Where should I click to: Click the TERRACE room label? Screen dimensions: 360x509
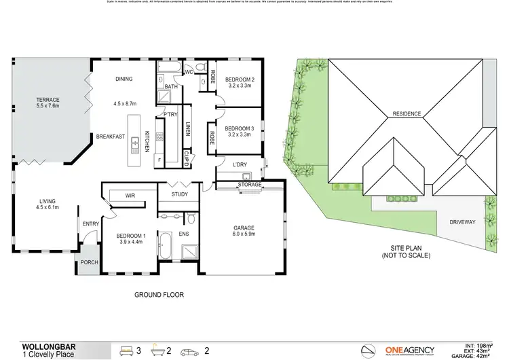(x=48, y=100)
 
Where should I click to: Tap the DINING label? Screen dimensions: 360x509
(x=124, y=79)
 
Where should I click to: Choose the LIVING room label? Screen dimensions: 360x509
(x=47, y=201)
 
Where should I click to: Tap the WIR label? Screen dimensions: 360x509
(x=131, y=196)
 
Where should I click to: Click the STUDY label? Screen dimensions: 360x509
(x=179, y=195)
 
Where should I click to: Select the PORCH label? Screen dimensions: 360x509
(x=89, y=262)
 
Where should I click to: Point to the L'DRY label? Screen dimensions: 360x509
(x=240, y=165)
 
